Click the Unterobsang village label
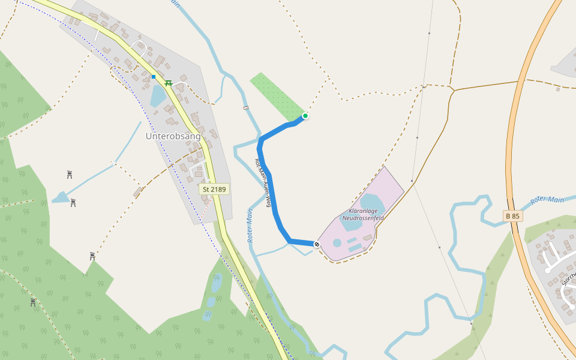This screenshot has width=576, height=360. [173, 136]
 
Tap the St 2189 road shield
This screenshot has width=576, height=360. [214, 189]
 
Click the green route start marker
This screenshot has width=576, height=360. [305, 116]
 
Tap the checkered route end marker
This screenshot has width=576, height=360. [317, 244]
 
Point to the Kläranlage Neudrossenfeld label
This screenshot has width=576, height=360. [362, 215]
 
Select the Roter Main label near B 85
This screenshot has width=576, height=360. [547, 200]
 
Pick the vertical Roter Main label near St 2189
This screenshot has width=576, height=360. [250, 226]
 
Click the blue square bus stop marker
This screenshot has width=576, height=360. [154, 77]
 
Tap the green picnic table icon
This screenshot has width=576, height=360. [169, 83]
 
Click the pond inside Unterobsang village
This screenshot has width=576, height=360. [157, 95]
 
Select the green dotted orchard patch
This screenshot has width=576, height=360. [277, 95]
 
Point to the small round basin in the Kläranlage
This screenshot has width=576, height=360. [337, 243]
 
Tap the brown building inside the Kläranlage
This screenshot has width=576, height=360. [367, 238]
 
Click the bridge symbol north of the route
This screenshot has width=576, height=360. [246, 107]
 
